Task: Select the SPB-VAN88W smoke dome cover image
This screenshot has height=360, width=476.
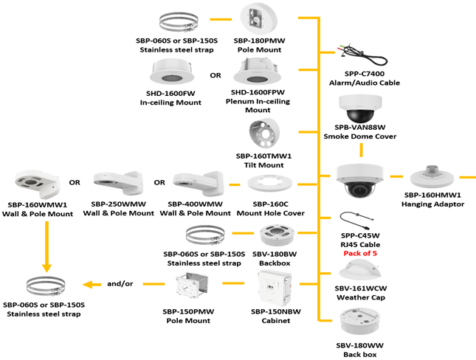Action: [x=360, y=111]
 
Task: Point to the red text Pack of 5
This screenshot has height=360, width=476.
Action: [x=360, y=253]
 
